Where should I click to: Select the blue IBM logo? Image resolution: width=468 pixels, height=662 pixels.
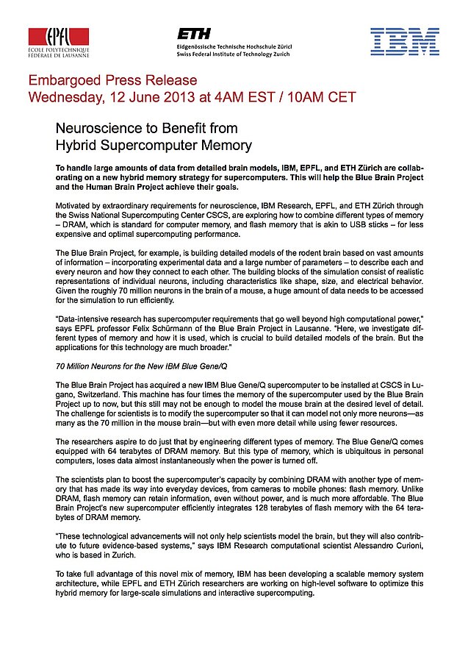405,42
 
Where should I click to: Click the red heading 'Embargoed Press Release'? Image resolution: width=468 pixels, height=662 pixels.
112,80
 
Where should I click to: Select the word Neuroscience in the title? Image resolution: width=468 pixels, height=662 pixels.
102,129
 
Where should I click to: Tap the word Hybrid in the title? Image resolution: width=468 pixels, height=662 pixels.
79,145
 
